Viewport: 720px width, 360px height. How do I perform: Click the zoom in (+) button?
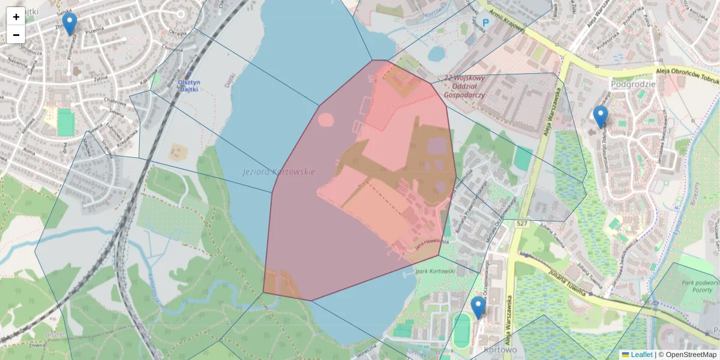(x=16, y=17)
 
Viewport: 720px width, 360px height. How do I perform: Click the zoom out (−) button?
(x=16, y=35)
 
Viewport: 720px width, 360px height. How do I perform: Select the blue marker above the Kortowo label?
(x=478, y=307)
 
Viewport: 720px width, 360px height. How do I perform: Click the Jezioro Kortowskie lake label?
(x=278, y=172)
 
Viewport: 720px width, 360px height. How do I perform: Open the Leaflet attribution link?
(x=641, y=355)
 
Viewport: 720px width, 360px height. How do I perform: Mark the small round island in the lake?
(x=325, y=119)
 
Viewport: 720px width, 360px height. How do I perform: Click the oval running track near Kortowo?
(x=461, y=330)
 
